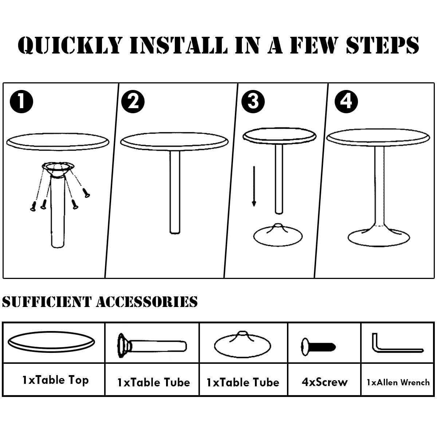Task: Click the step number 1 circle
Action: (21, 102)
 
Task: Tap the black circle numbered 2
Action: (133, 102)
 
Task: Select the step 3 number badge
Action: (253, 102)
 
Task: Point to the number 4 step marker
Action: (346, 102)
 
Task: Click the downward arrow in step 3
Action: (254, 186)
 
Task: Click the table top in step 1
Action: (58, 142)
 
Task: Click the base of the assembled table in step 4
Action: (379, 237)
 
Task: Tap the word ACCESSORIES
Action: (147, 302)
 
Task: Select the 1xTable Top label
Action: (56, 380)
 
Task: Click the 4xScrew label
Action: (324, 382)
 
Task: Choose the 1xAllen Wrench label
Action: (398, 382)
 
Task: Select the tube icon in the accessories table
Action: (152, 346)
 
